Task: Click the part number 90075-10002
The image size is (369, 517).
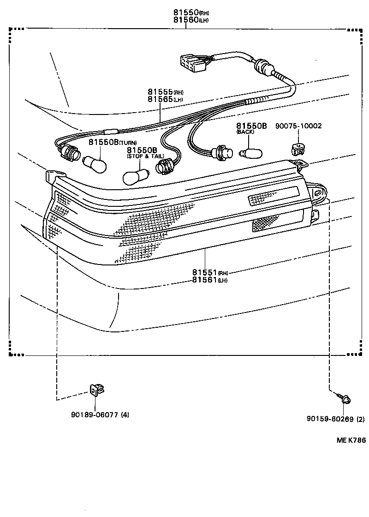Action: (x=298, y=126)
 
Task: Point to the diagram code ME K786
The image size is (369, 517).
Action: (x=351, y=440)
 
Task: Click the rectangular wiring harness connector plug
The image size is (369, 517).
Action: (x=192, y=63)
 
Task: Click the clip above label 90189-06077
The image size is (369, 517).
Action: (x=95, y=391)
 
